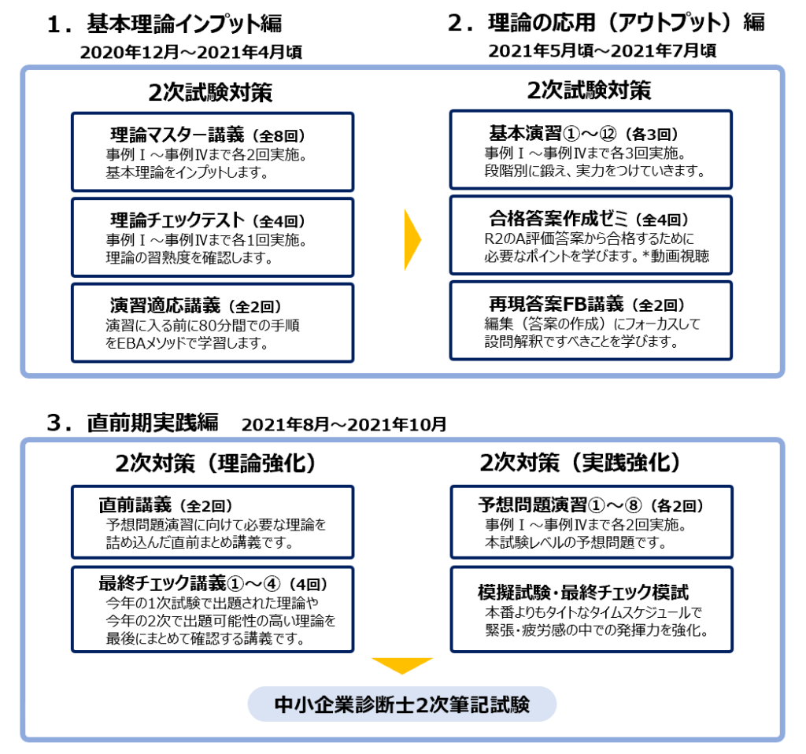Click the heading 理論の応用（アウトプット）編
click(x=626, y=23)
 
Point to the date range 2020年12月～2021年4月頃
click(x=190, y=53)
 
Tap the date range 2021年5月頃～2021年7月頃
click(x=602, y=51)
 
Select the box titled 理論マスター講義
click(x=213, y=152)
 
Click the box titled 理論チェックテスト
click(x=213, y=238)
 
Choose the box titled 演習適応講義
click(x=213, y=323)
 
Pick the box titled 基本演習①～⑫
click(x=591, y=150)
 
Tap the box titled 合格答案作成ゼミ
click(x=591, y=235)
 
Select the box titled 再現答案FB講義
click(x=591, y=320)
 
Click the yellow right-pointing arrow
click(x=412, y=239)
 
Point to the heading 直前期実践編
click(x=152, y=423)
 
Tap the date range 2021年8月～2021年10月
click(x=344, y=424)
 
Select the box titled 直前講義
click(x=213, y=522)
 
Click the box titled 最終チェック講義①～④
click(x=213, y=609)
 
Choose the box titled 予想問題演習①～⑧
click(x=592, y=522)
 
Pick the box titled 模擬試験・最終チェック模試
click(x=592, y=609)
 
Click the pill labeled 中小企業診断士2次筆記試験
click(x=402, y=704)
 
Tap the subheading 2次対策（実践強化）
click(x=580, y=463)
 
